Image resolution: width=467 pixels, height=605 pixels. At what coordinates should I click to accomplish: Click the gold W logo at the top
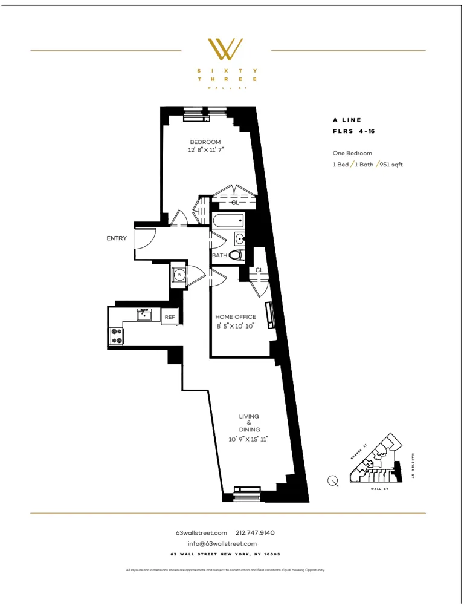(225, 50)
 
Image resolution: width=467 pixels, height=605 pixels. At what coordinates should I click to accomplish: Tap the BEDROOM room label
(205, 142)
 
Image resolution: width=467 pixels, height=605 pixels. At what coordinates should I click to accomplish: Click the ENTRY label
(117, 238)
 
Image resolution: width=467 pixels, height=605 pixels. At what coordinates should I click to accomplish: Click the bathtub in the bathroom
(228, 221)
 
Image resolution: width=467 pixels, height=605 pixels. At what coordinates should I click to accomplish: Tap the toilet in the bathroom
(236, 255)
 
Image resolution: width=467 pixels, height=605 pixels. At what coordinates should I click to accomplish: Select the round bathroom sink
(240, 238)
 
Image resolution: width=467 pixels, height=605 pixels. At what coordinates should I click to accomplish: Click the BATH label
(219, 255)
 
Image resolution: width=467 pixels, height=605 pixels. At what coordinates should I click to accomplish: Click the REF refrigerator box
(170, 316)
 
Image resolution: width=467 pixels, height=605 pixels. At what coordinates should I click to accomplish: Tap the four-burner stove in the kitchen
(115, 336)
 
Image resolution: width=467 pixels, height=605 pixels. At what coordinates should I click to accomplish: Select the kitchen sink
(144, 315)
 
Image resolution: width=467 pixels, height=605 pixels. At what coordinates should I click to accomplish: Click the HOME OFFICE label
(236, 317)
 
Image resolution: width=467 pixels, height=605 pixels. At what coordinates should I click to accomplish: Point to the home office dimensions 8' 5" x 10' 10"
(236, 325)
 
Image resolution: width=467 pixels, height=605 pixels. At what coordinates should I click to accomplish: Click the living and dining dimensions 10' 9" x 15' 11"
(249, 439)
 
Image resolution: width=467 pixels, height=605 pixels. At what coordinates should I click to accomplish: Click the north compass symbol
(332, 481)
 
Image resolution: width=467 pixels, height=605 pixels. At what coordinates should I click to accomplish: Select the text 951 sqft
(392, 165)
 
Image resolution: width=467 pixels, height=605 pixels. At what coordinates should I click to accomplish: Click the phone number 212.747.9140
(255, 533)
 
